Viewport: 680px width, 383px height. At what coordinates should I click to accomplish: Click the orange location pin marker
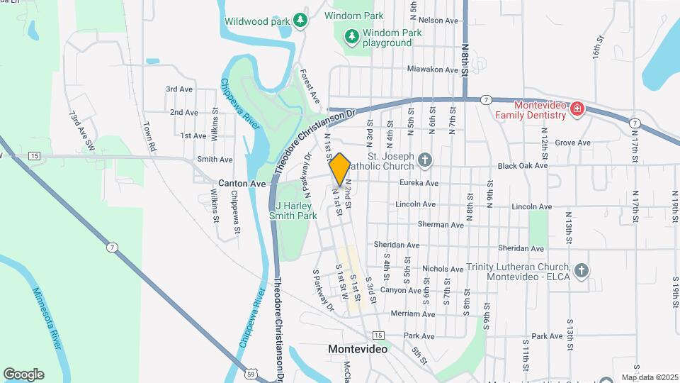(339, 169)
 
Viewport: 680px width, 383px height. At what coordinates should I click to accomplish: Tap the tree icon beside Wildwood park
(301, 21)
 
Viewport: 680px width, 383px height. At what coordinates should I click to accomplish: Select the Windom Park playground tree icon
(351, 35)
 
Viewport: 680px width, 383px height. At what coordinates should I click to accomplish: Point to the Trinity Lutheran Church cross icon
(581, 270)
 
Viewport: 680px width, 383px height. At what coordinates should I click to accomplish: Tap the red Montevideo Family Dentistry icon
(577, 109)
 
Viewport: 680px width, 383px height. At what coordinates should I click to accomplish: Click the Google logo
(23, 374)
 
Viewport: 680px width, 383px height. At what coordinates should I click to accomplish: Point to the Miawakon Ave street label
(433, 70)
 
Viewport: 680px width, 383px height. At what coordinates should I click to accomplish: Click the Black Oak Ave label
(523, 166)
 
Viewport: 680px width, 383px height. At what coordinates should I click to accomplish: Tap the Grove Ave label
(572, 143)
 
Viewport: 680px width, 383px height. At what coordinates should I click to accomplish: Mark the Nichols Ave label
(442, 270)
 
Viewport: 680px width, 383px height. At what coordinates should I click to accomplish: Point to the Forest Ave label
(310, 84)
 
